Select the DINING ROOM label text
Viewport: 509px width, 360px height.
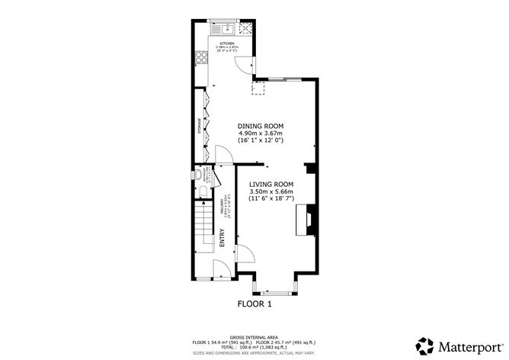261,126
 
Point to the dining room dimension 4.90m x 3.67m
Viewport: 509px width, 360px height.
261,133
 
